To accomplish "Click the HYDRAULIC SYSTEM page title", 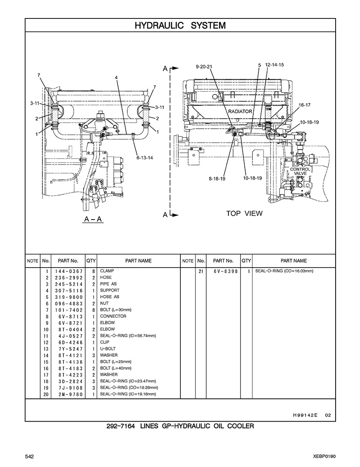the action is (x=180, y=25).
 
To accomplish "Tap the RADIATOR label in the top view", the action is (x=240, y=111).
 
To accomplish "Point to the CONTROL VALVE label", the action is (x=300, y=171).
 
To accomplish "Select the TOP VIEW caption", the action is (x=244, y=213).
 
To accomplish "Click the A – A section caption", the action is (x=93, y=219).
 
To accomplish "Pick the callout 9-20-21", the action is (x=204, y=66).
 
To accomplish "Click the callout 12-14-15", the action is (x=274, y=65).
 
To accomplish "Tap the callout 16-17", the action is (x=305, y=105).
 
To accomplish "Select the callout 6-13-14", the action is (x=145, y=157).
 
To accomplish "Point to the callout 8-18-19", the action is (x=217, y=178).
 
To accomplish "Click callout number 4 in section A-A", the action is (x=116, y=78).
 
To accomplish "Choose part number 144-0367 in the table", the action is (x=69, y=271).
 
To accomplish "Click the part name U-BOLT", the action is (x=108, y=349).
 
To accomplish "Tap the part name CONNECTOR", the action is (x=113, y=316).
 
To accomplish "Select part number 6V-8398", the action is (x=226, y=271).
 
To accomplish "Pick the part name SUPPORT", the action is (x=110, y=290).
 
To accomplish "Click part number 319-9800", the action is (x=69, y=297).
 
